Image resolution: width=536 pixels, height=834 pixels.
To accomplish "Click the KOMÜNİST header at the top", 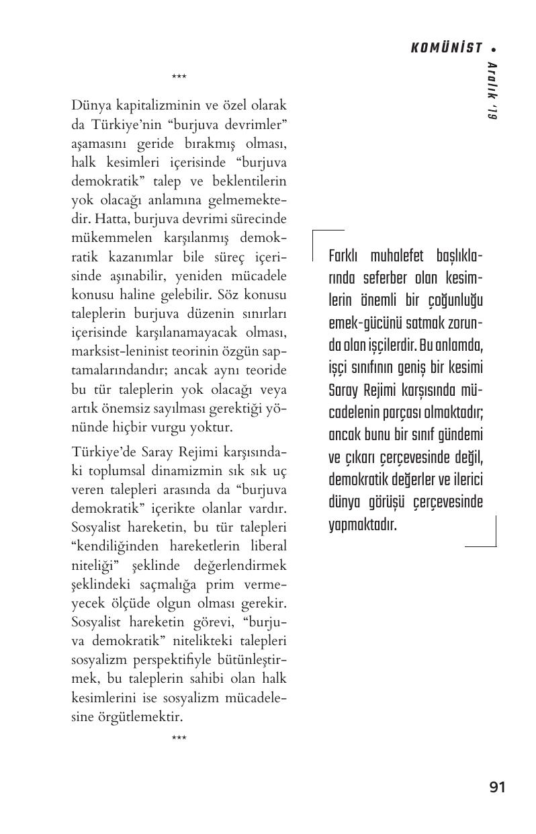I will pos(446,48).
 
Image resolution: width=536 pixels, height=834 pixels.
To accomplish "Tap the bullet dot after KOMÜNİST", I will pos(494,49).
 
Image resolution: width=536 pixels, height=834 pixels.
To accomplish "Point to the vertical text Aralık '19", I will pos(491,91).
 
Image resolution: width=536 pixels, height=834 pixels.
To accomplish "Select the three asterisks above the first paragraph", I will pos(179,78).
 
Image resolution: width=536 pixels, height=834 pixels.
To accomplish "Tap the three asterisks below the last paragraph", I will pos(179,738).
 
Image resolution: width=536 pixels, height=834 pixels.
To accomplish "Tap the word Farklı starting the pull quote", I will pos(345,257).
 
